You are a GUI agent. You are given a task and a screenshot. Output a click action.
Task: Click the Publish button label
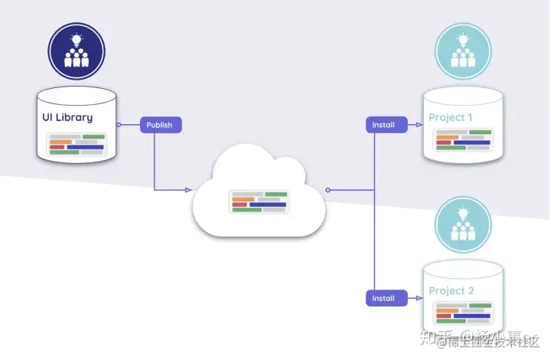click(x=161, y=124)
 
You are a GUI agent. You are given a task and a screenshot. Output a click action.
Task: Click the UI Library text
click(x=67, y=117)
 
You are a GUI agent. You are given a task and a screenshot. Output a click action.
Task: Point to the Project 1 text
click(x=451, y=117)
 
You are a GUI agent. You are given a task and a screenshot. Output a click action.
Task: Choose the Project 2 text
click(x=451, y=291)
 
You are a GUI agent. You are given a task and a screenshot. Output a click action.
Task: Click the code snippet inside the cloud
click(x=259, y=201)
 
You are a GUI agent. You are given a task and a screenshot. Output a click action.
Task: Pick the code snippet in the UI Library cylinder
click(x=77, y=144)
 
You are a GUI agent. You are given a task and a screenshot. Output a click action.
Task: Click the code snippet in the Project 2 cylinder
click(x=463, y=313)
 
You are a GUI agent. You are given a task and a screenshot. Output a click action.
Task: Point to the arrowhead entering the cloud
click(x=188, y=189)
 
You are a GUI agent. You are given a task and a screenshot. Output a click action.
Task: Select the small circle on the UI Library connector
click(x=118, y=124)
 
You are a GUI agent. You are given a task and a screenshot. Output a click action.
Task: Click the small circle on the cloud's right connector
click(x=328, y=189)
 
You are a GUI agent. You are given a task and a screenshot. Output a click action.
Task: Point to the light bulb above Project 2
click(x=463, y=211)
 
